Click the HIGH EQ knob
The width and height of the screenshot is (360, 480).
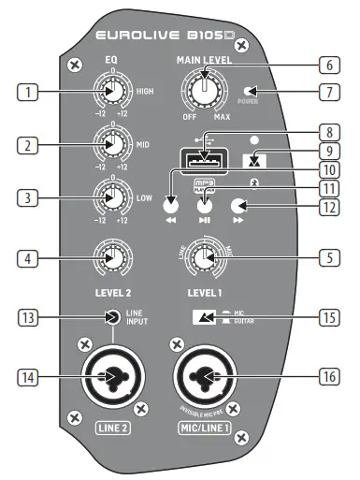pyautogui.click(x=111, y=93)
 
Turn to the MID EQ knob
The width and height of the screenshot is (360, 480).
pyautogui.click(x=111, y=146)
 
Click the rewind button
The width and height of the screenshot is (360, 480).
pyautogui.click(x=169, y=207)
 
